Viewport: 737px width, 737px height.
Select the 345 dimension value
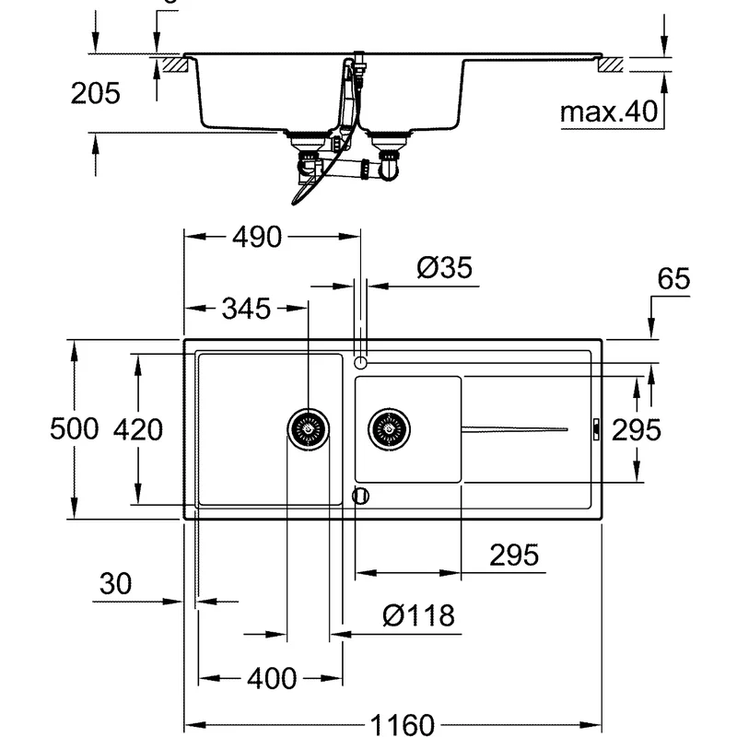tap(245, 309)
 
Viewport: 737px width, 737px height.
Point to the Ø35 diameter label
tap(444, 268)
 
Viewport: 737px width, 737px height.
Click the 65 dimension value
tap(674, 280)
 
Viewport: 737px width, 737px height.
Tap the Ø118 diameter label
tap(418, 615)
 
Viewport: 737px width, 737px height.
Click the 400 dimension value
tap(272, 679)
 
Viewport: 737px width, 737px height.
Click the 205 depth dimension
tap(96, 93)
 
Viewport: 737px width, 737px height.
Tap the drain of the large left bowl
tap(308, 428)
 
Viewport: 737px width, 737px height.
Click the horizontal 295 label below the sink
tap(513, 556)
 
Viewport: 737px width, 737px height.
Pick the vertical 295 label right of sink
tap(638, 429)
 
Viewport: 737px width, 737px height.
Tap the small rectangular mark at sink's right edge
tap(596, 428)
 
